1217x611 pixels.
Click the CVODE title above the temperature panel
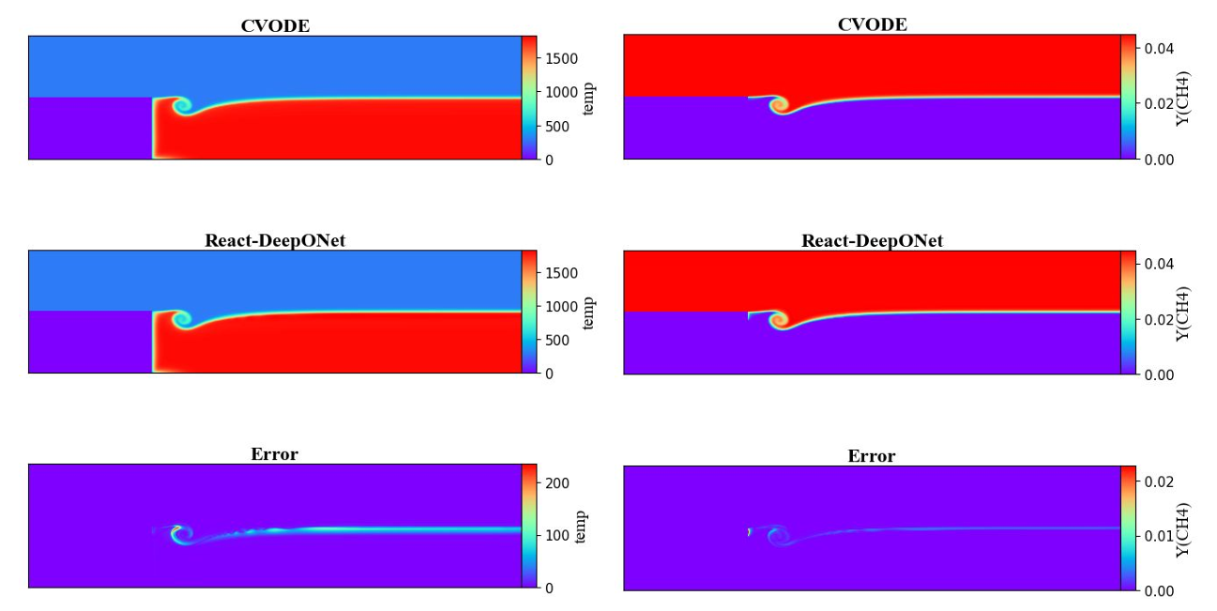[275, 25]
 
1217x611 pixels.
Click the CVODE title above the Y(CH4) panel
[872, 24]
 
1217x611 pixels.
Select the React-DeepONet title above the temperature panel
[275, 240]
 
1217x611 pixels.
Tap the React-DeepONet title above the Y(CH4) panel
[872, 240]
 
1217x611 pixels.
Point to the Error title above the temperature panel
[274, 454]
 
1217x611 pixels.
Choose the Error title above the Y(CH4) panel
[872, 455]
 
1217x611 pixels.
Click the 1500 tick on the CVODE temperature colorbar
[562, 59]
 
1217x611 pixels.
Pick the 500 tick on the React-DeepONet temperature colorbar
[557, 341]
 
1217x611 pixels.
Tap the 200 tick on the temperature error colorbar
[557, 482]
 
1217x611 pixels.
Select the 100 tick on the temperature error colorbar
[557, 535]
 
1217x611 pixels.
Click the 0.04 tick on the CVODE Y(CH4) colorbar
[1159, 49]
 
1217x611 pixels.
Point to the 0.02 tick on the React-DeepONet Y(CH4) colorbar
[1159, 320]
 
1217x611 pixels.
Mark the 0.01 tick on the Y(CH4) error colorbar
[1159, 536]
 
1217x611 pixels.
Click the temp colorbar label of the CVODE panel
[587, 99]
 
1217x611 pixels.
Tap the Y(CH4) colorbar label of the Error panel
[1183, 529]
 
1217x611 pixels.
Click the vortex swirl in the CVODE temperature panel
[183, 106]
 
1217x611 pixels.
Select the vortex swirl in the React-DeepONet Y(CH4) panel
[780, 320]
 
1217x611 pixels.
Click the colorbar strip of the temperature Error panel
[529, 526]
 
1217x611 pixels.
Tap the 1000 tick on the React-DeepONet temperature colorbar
[562, 307]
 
